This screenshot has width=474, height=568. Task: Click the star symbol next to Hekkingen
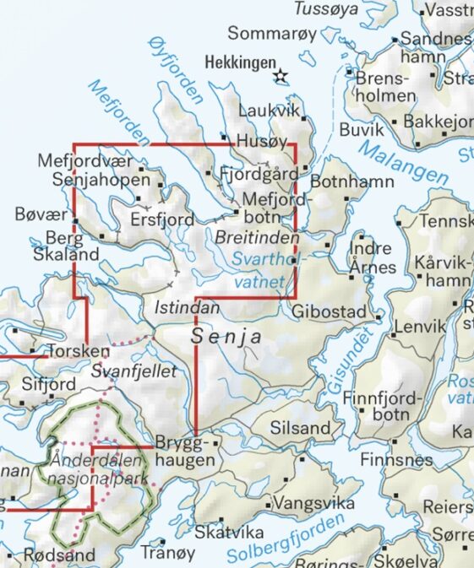point(281,78)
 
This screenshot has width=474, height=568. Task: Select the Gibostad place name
point(330,312)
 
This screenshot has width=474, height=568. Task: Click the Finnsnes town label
point(395,460)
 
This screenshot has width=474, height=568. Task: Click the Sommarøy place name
point(271,34)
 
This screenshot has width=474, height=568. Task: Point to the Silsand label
point(300,428)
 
